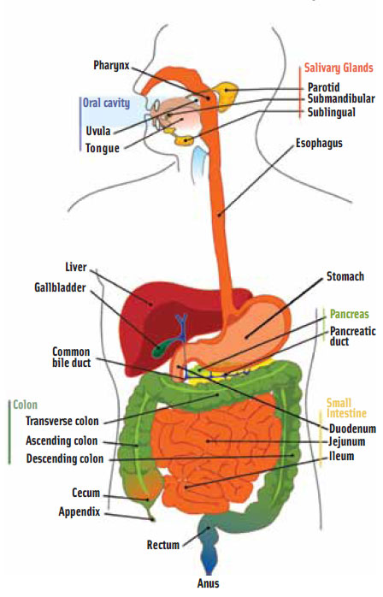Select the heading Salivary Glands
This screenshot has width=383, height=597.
(339, 68)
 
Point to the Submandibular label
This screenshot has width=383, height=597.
(341, 98)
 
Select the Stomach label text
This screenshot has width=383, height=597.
(345, 277)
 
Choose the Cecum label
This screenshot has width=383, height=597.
(86, 494)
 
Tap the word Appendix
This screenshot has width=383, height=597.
(80, 511)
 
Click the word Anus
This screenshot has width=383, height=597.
(209, 584)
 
